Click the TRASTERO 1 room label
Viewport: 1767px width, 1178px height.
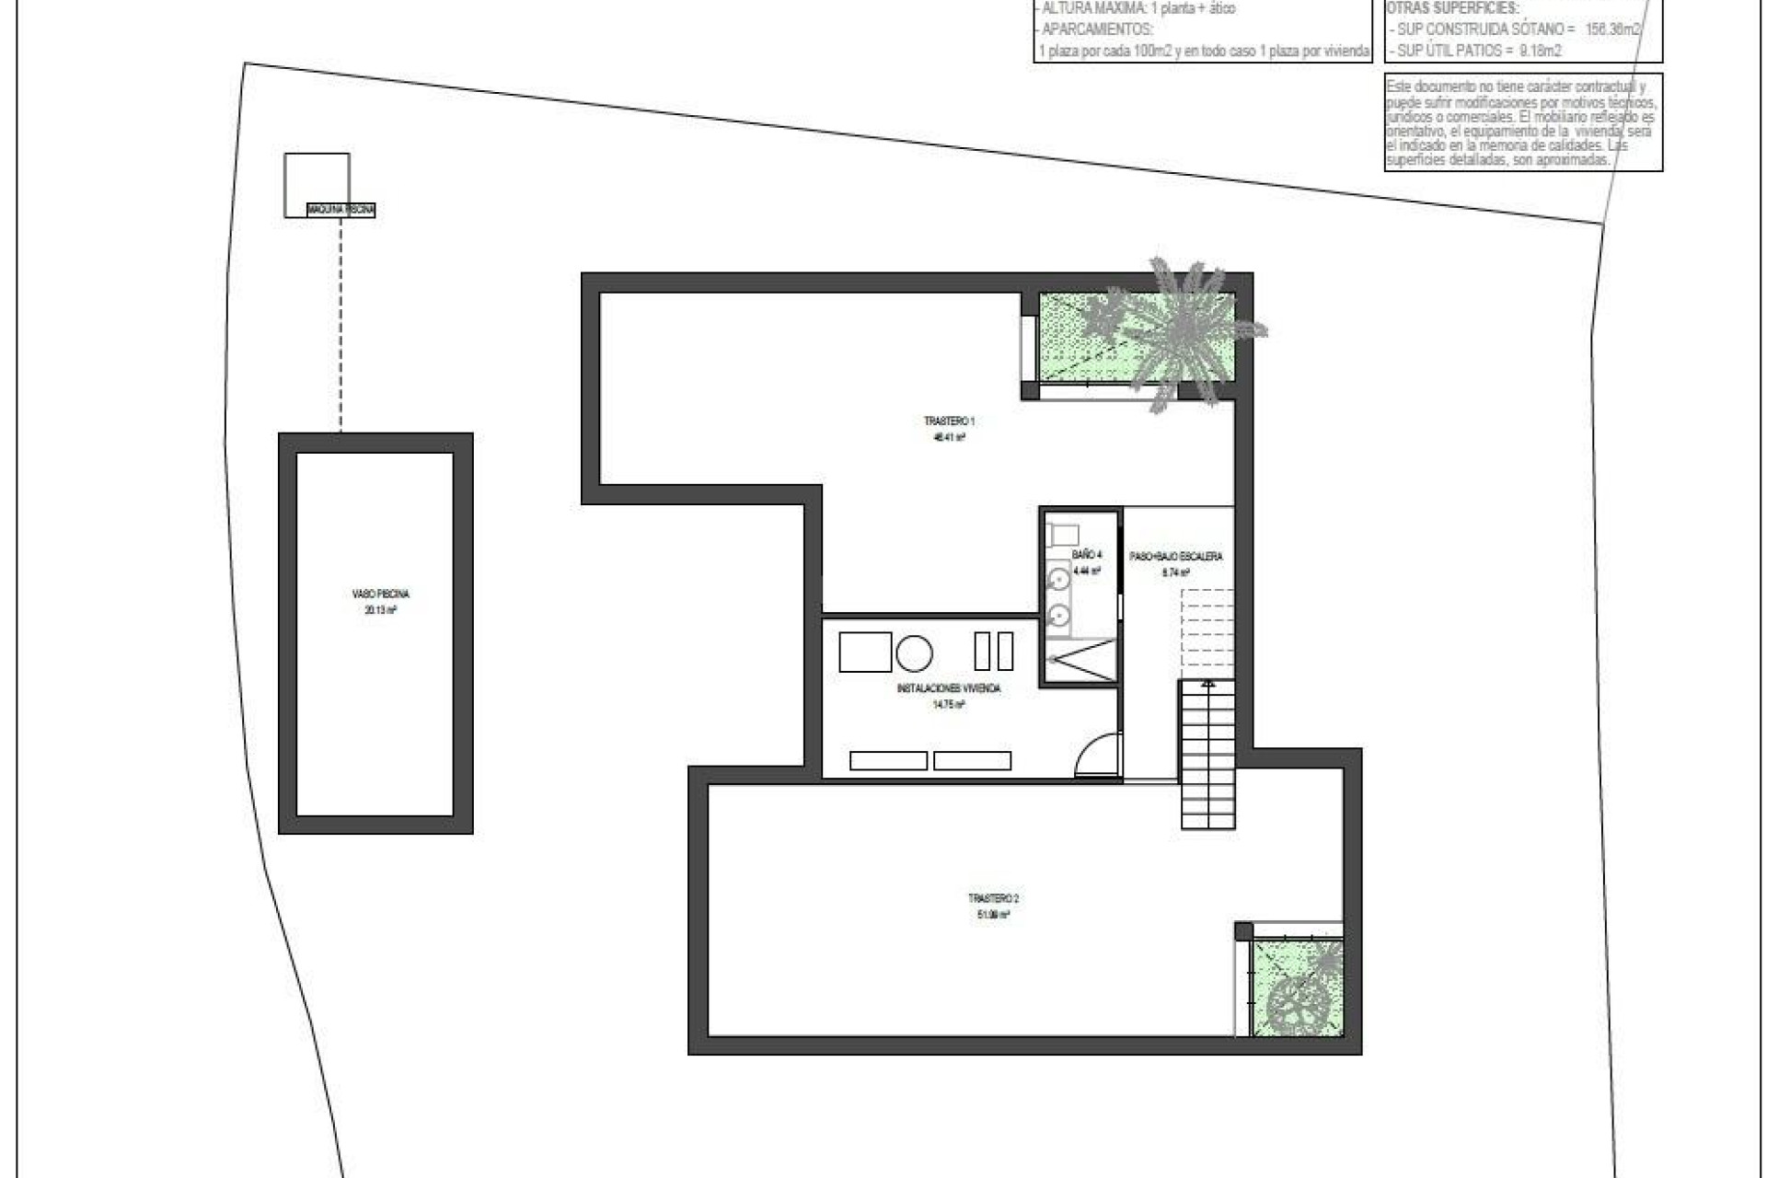click(949, 422)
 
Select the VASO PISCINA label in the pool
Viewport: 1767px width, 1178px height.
click(380, 595)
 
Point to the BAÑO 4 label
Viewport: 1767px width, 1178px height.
click(1086, 555)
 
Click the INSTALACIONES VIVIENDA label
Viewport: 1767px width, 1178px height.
click(948, 688)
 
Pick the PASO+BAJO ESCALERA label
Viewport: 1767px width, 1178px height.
click(1175, 557)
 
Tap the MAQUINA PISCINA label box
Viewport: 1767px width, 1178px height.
click(341, 210)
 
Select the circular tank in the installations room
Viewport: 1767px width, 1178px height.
click(914, 653)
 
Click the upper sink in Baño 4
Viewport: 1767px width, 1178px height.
click(1059, 579)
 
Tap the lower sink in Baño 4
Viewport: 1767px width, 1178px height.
click(1059, 614)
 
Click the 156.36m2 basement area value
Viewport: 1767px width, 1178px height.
click(1611, 29)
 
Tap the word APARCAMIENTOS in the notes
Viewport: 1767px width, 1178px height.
click(1097, 29)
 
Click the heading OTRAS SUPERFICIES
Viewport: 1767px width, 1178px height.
click(1452, 8)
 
